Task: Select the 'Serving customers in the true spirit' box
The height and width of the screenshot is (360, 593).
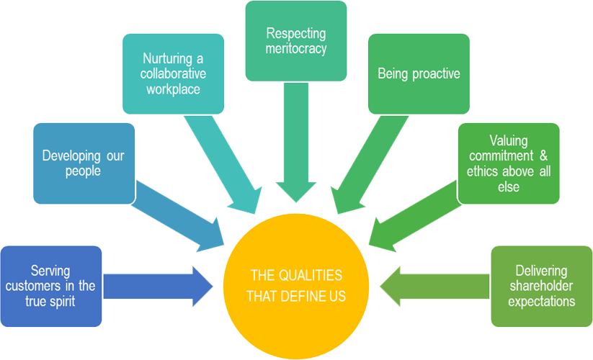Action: tap(51, 286)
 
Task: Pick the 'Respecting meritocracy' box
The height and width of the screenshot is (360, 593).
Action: tap(295, 41)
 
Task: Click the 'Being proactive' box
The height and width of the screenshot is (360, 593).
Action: tap(419, 74)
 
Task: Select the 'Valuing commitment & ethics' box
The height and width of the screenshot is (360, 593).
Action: tap(509, 163)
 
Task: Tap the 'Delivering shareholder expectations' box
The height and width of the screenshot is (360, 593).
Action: tap(541, 286)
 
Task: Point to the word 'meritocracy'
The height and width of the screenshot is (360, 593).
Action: tap(296, 49)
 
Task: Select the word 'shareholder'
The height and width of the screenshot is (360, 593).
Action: tap(541, 286)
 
